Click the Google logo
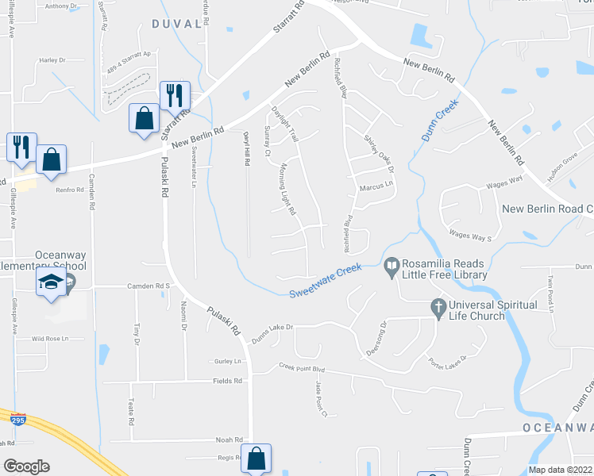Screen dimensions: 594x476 26,466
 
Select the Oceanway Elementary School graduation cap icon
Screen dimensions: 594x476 51,282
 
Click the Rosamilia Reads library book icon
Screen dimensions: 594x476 391,269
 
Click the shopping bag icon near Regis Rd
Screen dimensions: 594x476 256,458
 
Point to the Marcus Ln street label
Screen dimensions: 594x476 376,187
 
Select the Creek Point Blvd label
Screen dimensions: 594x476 302,368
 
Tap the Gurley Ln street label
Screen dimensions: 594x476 227,361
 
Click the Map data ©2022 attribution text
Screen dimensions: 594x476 561,470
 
